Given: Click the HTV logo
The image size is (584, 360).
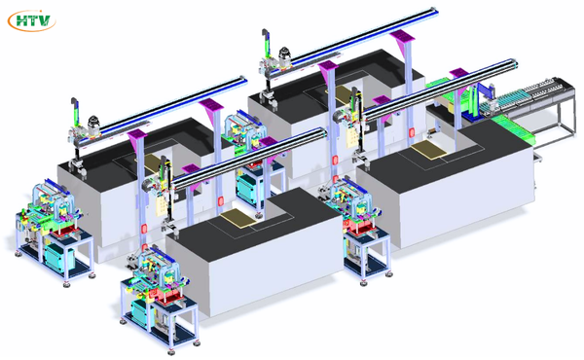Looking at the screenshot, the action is point(32,20).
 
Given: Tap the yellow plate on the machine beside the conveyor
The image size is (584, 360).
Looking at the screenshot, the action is point(429,150).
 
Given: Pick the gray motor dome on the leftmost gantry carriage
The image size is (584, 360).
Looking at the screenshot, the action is point(94,122).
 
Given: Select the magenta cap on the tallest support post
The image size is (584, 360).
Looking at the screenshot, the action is point(402,36).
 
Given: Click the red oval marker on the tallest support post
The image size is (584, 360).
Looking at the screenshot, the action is point(412,132).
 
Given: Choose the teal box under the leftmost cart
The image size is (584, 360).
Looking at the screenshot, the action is point(59,258).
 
